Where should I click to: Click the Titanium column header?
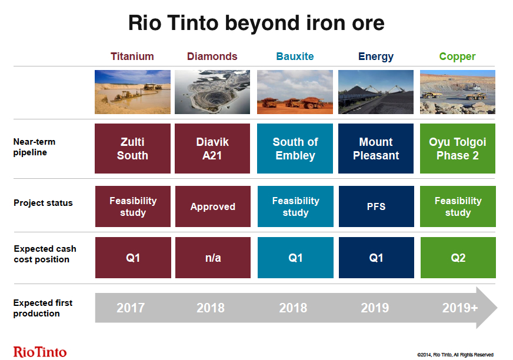tap(132, 56)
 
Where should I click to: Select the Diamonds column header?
tap(212, 56)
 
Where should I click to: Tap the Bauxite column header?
tap(295, 56)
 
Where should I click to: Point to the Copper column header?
tap(457, 56)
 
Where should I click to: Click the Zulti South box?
tap(132, 148)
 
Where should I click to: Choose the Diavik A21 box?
tap(212, 148)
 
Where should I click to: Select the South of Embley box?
tap(295, 148)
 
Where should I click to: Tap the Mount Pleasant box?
tap(376, 148)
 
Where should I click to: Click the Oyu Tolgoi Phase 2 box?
tap(457, 148)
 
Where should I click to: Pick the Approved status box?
tap(212, 206)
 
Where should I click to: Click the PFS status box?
tap(377, 206)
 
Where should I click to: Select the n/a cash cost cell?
tap(213, 258)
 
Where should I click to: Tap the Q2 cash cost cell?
tap(458, 258)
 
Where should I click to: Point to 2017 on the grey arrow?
tap(131, 308)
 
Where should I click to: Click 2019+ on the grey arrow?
tap(460, 308)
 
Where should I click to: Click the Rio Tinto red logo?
tap(40, 352)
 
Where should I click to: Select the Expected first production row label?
tap(43, 308)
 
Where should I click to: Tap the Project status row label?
tap(43, 203)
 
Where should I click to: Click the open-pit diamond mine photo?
tap(212, 92)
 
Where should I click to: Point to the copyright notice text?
tap(455, 355)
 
